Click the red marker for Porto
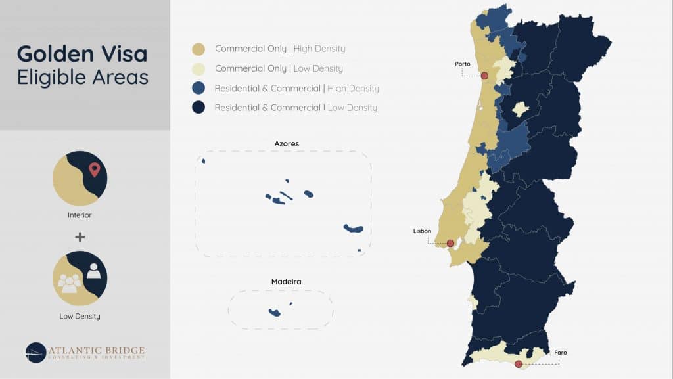pos(484,76)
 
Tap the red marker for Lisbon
pos(450,243)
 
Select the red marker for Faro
pos(519,364)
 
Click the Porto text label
pos(462,64)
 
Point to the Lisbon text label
pos(422,231)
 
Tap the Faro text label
pos(560,353)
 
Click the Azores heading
pos(287,143)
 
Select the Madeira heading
pos(287,282)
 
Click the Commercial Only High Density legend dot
pos(198,49)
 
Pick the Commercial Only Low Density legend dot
pos(198,68)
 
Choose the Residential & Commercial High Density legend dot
pos(198,88)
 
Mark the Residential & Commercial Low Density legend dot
pos(198,108)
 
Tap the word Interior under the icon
pos(80,215)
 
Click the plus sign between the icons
pos(80,237)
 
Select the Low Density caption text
pos(80,316)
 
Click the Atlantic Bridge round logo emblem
pos(35,353)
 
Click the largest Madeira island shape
pos(275,312)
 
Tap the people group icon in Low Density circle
pos(70,283)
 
